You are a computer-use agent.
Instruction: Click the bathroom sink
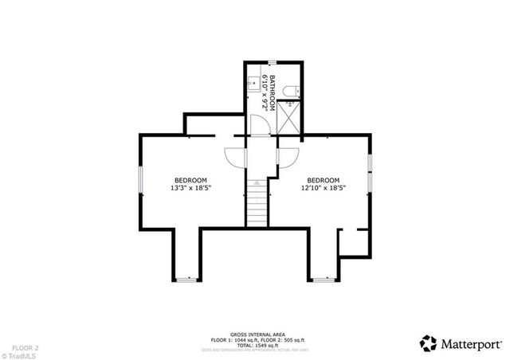coord(252,81)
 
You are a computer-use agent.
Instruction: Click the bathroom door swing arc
coord(258,125)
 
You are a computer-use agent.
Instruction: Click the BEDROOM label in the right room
coord(323,180)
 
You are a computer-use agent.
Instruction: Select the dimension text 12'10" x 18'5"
coord(322,189)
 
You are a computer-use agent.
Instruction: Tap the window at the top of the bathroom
coord(272,61)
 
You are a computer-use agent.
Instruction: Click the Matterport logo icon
coord(428,342)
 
